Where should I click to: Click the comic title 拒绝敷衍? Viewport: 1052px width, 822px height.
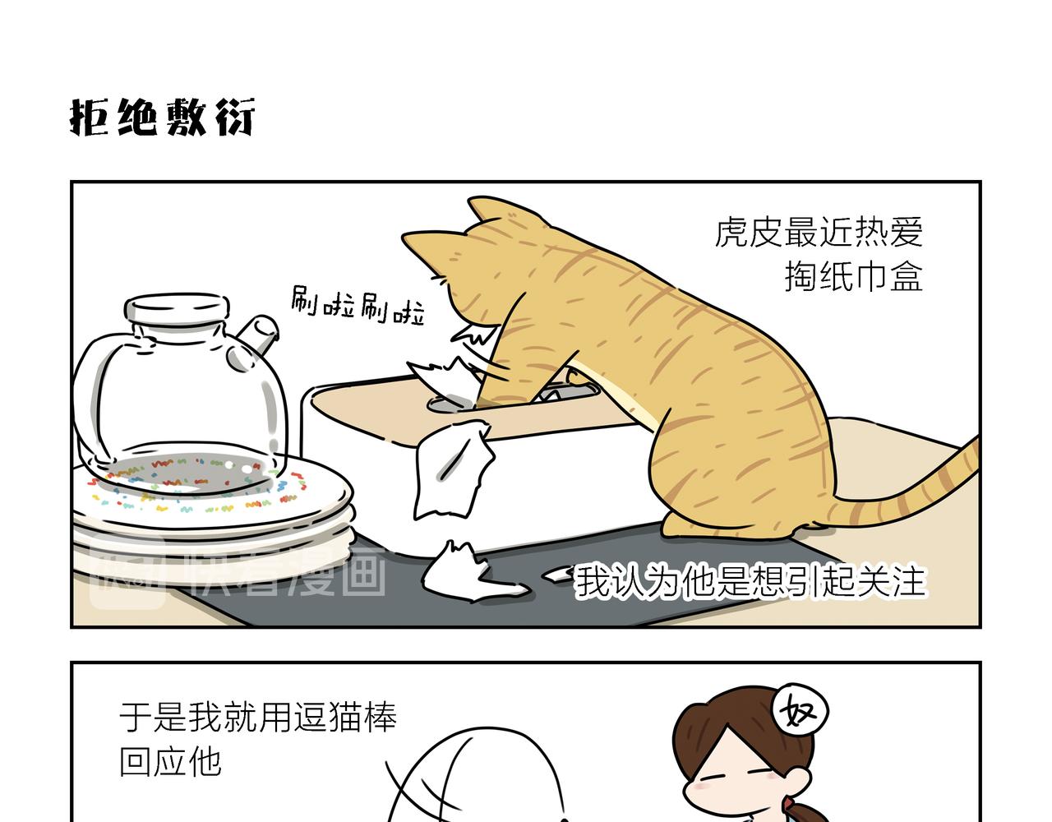tap(162, 118)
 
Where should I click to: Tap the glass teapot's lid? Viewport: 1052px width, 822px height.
tap(178, 308)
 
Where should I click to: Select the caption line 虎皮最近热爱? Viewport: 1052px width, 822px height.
tap(819, 233)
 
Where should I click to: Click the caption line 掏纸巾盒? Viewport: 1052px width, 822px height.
tap(853, 276)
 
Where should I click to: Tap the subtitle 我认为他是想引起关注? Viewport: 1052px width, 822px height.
tap(750, 581)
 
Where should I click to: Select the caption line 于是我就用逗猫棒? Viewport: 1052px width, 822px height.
tap(258, 717)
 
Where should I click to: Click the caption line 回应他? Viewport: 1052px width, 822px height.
tap(170, 761)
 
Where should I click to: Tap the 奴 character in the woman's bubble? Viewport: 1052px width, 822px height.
tap(798, 712)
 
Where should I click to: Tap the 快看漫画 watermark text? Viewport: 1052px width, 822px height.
tap(288, 576)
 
